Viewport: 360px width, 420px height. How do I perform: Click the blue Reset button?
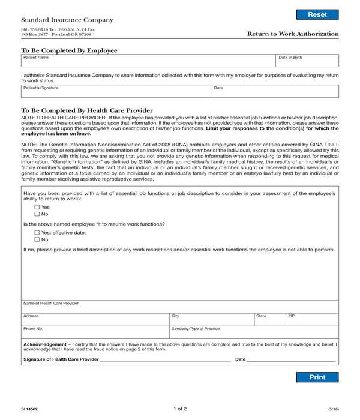317,14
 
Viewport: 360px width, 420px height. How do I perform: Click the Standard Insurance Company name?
67,20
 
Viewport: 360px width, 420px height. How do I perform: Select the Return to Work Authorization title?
293,34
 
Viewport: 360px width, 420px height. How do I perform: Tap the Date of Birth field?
307,62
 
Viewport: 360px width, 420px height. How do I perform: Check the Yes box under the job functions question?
37,207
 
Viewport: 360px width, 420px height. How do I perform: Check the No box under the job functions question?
37,214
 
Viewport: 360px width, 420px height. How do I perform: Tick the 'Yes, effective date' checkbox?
37,232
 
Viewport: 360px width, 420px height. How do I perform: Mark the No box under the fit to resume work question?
37,239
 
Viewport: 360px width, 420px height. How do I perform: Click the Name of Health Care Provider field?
179,307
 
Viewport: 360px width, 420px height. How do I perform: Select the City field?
211,320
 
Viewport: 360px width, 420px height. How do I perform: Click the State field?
269,320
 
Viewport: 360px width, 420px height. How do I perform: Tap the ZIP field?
311,320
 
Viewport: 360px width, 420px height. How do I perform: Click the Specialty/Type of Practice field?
254,333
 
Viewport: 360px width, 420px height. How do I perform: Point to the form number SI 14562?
29,409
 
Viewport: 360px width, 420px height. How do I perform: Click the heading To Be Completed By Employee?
70,50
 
